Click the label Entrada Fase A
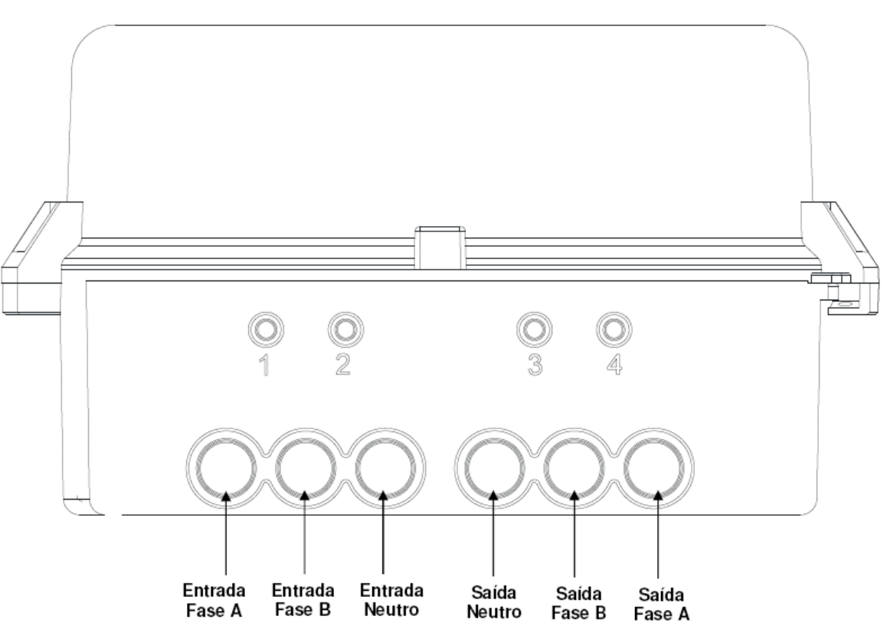pyautogui.click(x=214, y=600)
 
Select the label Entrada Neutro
pyautogui.click(x=391, y=600)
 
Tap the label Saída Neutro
pyautogui.click(x=494, y=602)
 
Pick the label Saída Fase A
pyautogui.click(x=661, y=604)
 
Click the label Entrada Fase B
pyautogui.click(x=303, y=600)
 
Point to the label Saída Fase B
pyautogui.click(x=578, y=603)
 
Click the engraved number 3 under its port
pyautogui.click(x=535, y=365)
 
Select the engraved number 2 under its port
pyautogui.click(x=342, y=365)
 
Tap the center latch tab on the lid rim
pyautogui.click(x=440, y=248)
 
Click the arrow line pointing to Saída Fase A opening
pyautogui.click(x=658, y=535)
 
